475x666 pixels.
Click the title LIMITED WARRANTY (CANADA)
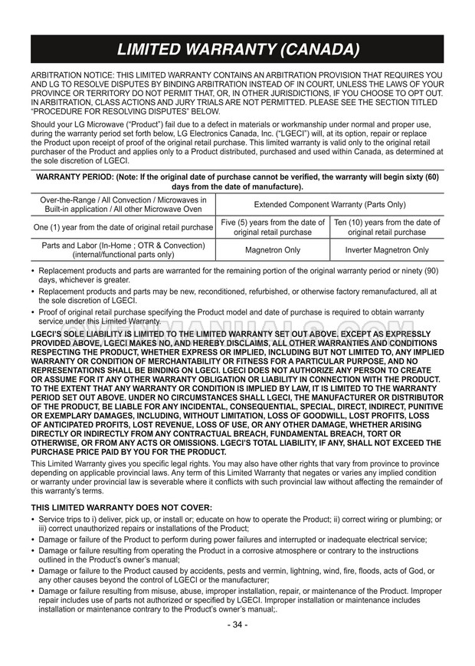point(237,51)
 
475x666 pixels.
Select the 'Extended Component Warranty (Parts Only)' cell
point(329,205)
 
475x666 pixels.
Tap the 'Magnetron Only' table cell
point(273,250)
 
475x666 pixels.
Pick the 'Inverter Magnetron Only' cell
point(387,250)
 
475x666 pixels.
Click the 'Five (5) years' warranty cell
point(273,227)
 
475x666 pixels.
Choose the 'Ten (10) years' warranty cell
point(387,227)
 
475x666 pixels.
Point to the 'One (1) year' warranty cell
point(123,227)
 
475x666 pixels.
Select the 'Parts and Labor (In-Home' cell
point(123,250)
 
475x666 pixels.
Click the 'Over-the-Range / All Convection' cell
point(123,205)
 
